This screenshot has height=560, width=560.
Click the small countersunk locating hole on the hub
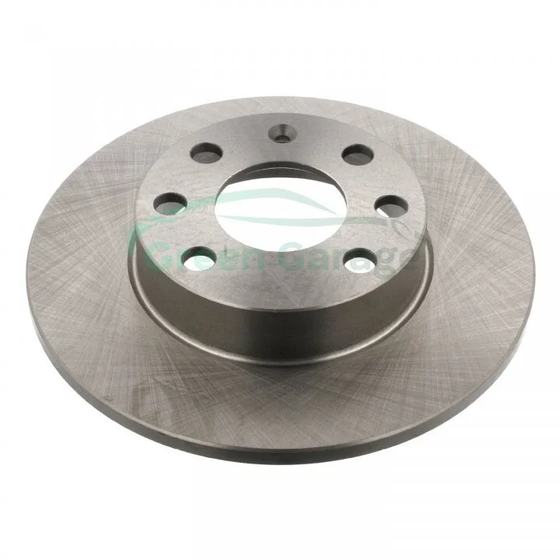283,133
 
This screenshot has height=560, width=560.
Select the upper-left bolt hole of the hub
206,153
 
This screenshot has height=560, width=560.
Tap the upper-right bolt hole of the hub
358,154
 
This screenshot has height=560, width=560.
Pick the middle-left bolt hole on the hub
170,204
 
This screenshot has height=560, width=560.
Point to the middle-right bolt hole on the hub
392,206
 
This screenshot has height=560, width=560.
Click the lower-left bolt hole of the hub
199,258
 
